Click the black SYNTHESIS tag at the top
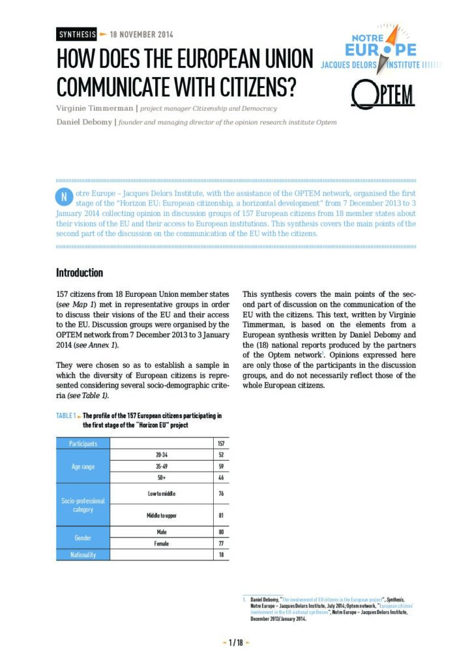[77, 35]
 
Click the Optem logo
[383, 96]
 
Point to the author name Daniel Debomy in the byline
[84, 122]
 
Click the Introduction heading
[79, 273]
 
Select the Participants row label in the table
[83, 444]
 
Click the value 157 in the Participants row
[222, 444]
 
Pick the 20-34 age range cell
[162, 455]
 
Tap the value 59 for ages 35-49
[222, 466]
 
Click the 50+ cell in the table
[162, 478]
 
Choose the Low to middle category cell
[162, 494]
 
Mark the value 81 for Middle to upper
[222, 516]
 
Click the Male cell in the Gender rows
[162, 532]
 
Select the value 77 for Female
[222, 543]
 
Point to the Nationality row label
[83, 554]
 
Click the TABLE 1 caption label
[66, 416]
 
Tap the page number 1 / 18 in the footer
[235, 643]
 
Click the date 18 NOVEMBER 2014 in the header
[141, 35]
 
